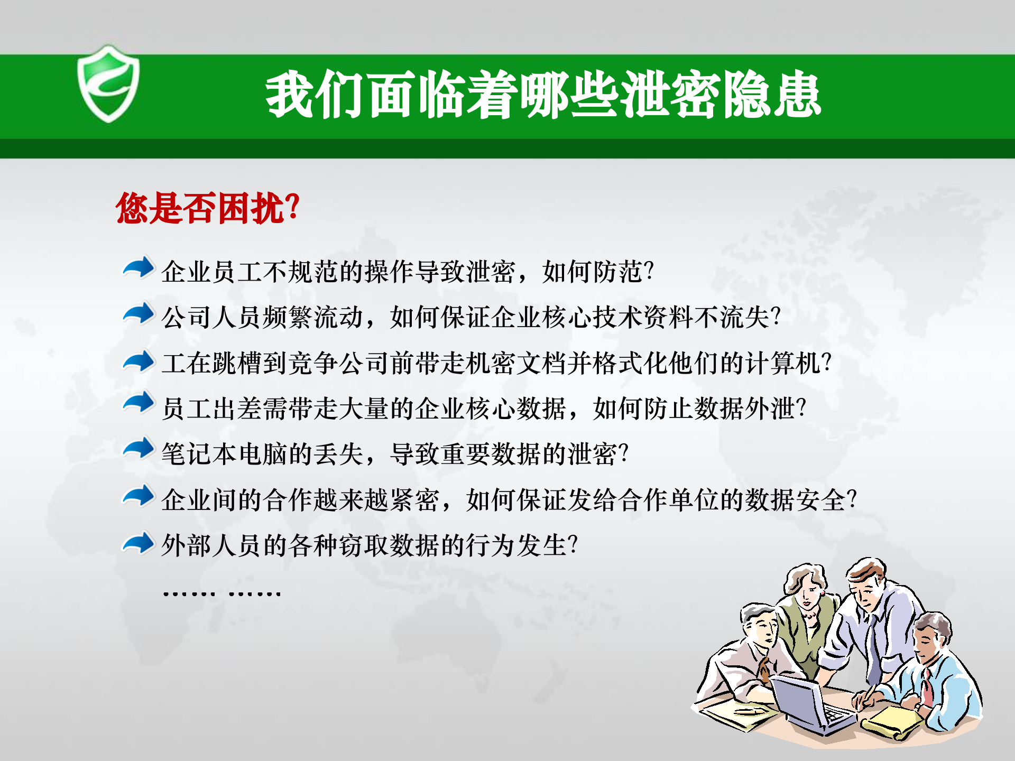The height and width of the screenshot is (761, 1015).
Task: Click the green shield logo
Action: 108,85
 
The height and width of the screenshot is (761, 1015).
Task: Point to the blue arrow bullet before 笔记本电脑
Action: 139,450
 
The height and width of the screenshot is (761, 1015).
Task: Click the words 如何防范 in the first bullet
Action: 592,272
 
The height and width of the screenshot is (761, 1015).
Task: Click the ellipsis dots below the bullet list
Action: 222,593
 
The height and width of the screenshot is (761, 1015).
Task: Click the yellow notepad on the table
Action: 893,721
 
